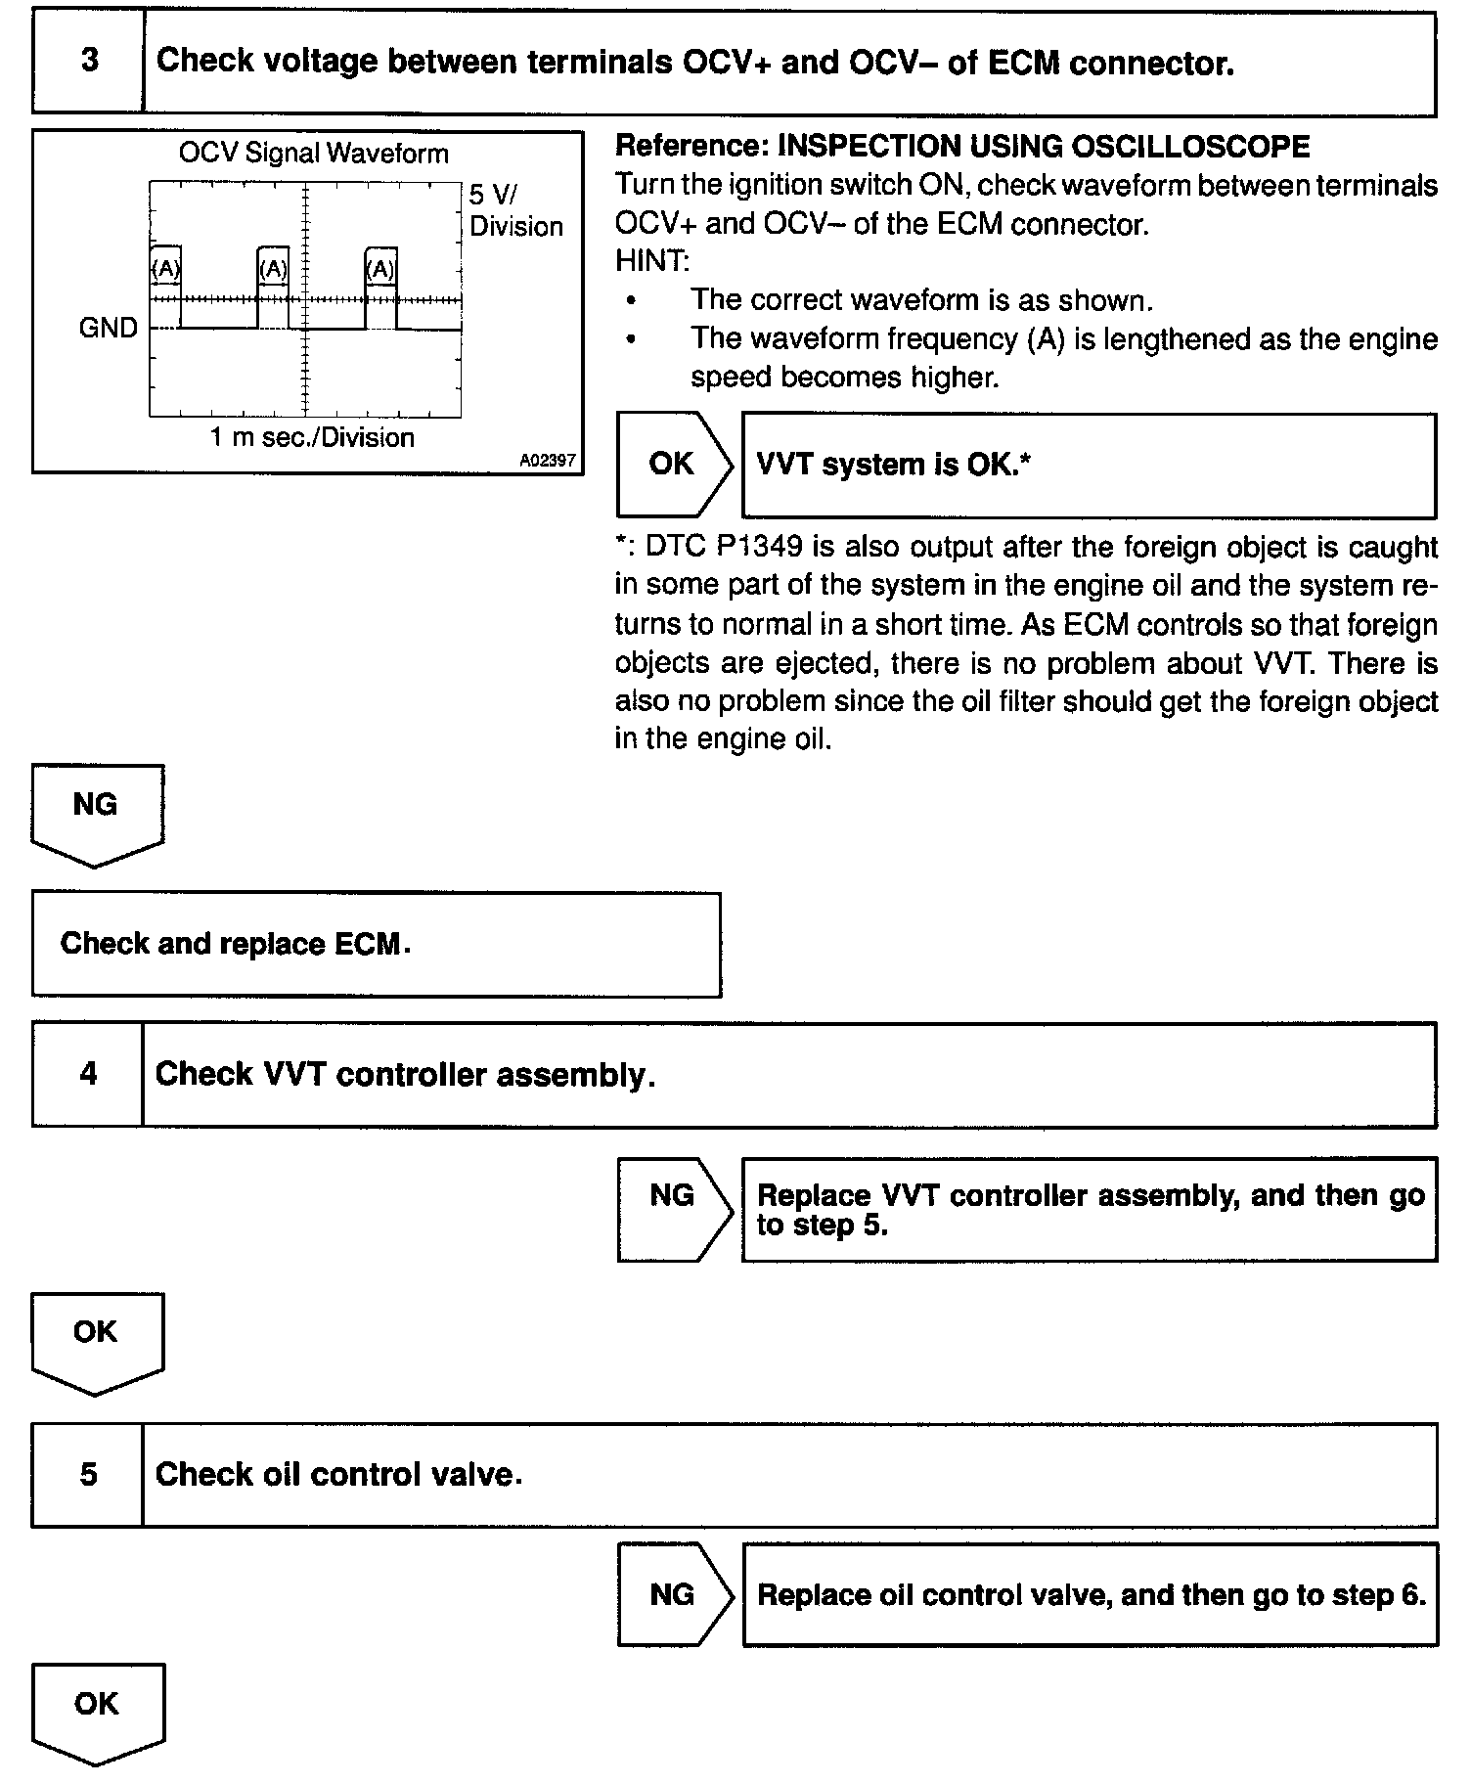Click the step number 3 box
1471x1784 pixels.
tap(88, 62)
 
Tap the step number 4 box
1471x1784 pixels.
tap(88, 1075)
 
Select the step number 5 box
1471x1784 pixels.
tap(88, 1475)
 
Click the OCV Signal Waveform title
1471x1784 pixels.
tap(313, 154)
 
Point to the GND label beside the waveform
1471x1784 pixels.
tap(108, 329)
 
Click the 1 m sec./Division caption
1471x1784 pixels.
tap(312, 437)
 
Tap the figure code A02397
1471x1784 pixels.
tap(548, 461)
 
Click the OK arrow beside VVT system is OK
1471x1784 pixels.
tap(672, 465)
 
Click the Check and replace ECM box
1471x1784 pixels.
tap(376, 944)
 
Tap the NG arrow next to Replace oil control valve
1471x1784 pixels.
tap(672, 1595)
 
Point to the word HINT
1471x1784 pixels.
tap(652, 262)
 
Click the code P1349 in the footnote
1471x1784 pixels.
tap(759, 547)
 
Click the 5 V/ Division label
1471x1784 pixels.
tap(514, 210)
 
